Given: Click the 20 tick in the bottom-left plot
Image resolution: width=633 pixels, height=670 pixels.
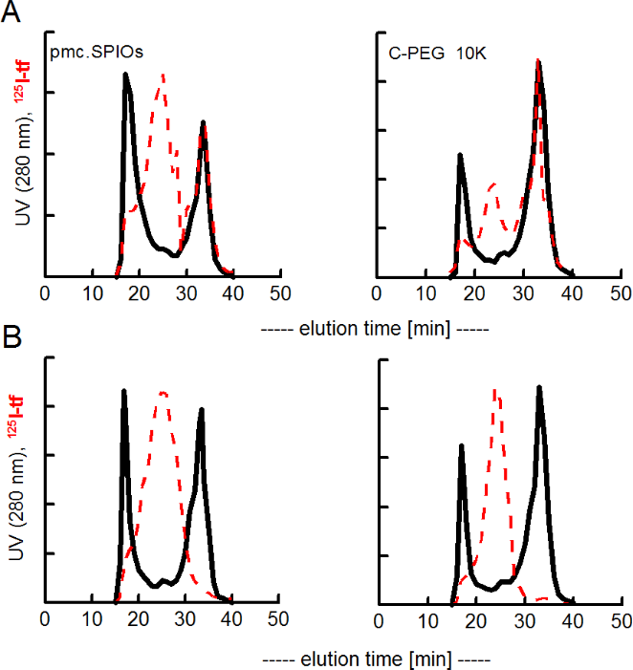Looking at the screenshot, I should (x=139, y=619).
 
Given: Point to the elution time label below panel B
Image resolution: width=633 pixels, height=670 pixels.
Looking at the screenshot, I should (x=375, y=659).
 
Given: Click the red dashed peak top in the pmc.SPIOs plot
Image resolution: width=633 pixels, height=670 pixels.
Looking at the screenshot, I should (x=164, y=75).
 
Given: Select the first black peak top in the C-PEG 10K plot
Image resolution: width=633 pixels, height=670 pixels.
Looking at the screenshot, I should (x=460, y=155).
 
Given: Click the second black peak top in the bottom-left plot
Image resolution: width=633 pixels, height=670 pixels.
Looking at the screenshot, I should (x=202, y=410).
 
